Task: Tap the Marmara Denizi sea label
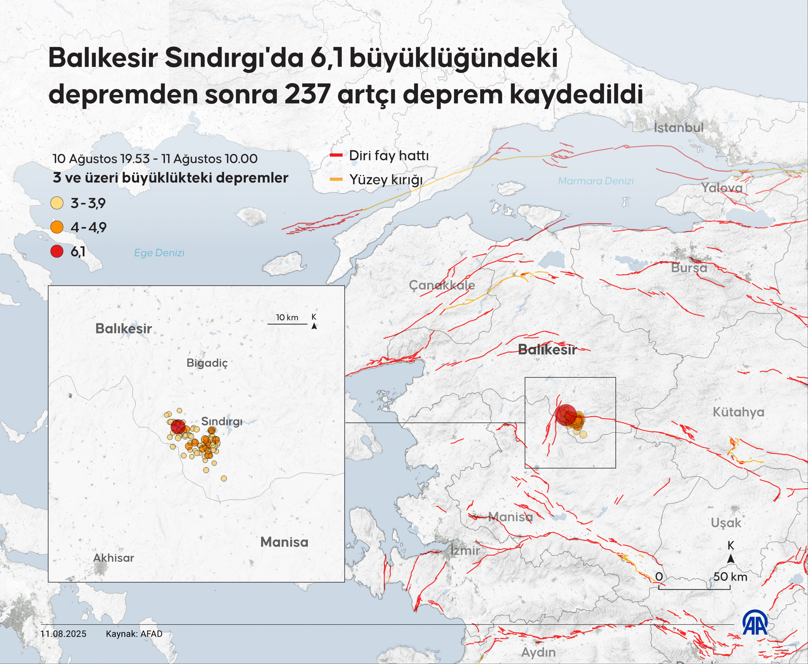point(595,181)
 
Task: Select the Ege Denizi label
point(159,253)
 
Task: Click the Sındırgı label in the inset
point(222,421)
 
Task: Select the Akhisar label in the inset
point(114,558)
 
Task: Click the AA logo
point(755,623)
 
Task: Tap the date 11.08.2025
point(63,634)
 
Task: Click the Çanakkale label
point(442,285)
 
